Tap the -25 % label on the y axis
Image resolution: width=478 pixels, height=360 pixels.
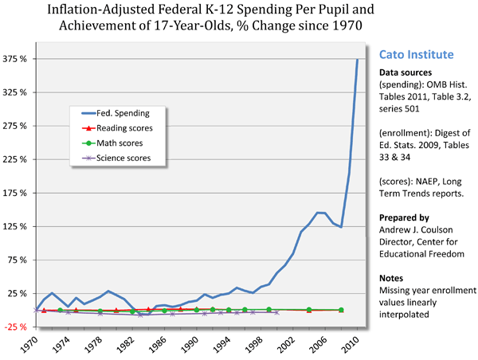[x=18, y=327]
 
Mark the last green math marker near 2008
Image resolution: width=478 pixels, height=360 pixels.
[x=341, y=310]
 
